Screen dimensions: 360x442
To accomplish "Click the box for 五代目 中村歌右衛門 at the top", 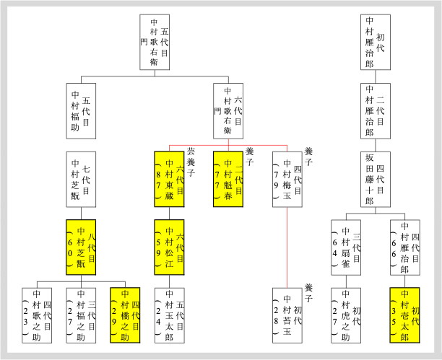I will point(160,42).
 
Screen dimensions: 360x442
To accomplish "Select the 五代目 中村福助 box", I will point(81,111).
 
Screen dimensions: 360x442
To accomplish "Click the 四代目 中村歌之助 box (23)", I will point(37,316).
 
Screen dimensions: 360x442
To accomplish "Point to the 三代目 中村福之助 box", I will point(81,316).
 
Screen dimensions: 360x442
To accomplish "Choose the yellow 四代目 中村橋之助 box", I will point(125,316).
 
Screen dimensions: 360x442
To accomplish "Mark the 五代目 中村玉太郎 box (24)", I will point(169,316).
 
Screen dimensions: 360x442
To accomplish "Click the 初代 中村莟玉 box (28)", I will point(287,316).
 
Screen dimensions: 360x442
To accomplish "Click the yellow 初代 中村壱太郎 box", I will point(405,316).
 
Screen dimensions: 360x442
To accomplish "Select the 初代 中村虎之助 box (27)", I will point(346,316).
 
